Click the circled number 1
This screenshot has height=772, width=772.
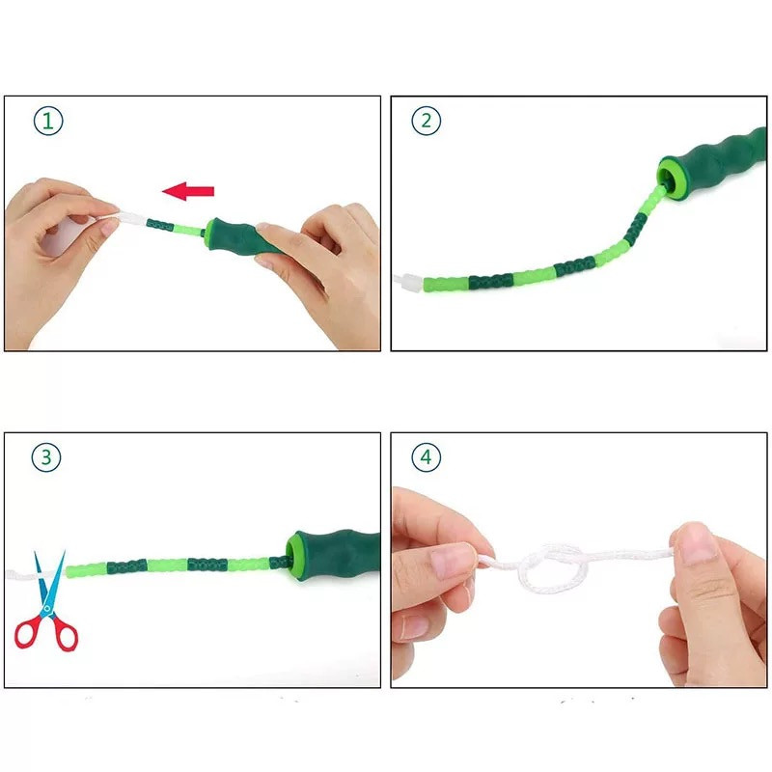48,121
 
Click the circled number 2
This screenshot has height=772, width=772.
426,121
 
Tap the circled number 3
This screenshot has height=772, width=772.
46,457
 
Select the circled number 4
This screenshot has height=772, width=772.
426,457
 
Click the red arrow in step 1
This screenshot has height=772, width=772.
188,191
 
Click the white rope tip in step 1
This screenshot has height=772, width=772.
129,218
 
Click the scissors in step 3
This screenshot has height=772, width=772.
46,601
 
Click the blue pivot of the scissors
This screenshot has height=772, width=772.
47,609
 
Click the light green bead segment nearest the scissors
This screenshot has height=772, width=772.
87,569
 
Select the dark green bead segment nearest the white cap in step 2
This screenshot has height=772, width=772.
490,282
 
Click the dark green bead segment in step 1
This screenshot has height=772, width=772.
160,226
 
